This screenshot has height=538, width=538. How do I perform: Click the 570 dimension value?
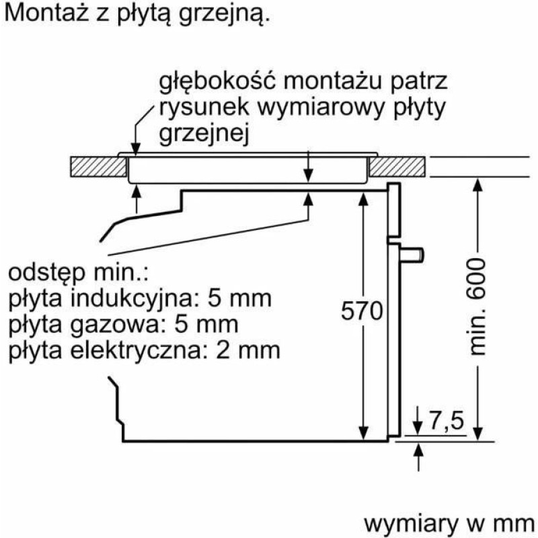[362, 311]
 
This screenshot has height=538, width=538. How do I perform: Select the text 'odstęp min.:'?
[77, 273]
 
